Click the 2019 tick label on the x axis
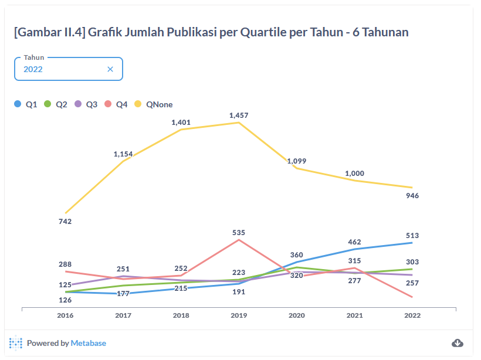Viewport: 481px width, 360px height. click(239, 315)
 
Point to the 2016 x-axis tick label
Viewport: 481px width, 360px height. click(65, 315)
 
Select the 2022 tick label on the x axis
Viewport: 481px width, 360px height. click(412, 315)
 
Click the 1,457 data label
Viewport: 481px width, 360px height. click(239, 116)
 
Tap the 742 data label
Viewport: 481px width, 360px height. click(65, 222)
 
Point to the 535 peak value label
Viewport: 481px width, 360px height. click(239, 233)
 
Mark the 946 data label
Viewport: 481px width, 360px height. click(412, 196)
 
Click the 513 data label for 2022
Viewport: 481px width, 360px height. click(412, 236)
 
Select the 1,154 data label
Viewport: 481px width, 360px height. click(123, 154)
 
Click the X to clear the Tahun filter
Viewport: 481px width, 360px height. click(110, 69)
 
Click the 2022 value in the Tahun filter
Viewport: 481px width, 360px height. click(33, 69)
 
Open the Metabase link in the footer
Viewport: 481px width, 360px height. click(89, 343)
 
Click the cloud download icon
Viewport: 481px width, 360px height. click(458, 343)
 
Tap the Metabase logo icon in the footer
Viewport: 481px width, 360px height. click(16, 343)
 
